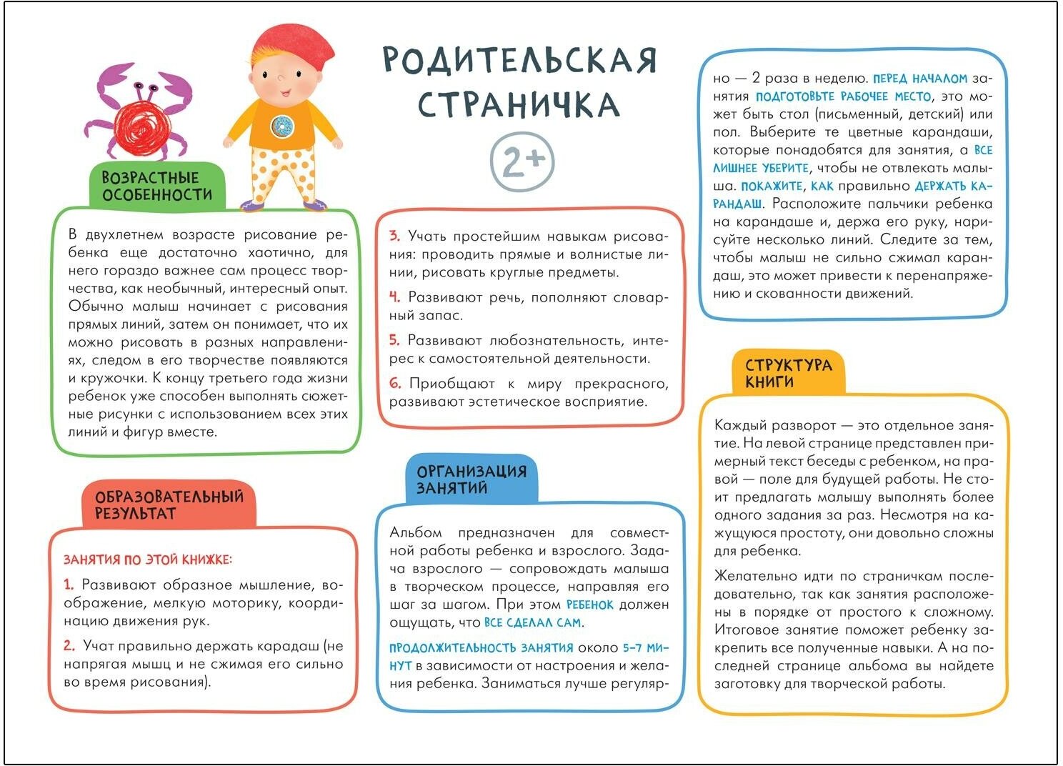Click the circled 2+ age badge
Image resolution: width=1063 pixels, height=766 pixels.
522,162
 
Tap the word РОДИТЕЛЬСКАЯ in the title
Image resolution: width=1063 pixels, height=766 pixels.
519,60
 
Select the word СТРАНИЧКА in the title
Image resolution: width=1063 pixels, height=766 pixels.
519,104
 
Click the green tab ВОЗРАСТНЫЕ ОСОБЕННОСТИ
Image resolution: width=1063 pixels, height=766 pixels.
157,186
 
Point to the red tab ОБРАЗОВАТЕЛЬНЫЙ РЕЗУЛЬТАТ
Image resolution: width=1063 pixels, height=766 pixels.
169,504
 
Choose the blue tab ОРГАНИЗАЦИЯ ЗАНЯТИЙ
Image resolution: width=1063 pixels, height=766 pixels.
471,479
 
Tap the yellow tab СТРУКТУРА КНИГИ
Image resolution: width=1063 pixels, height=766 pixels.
788,373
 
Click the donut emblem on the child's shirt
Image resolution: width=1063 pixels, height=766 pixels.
281,126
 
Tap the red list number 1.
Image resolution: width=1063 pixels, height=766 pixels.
69,585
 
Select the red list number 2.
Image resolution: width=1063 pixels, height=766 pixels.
69,645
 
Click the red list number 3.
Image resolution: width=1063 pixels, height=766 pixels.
394,236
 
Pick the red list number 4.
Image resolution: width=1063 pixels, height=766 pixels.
394,297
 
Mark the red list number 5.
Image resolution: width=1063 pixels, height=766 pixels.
394,340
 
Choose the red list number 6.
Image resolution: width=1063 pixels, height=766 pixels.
395,384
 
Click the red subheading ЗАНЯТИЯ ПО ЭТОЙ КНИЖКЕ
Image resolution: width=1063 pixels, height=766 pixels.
148,559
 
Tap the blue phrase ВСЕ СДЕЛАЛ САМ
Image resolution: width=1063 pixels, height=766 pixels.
532,622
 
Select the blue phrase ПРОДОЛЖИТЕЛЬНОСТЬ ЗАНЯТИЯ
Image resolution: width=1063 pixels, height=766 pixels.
481,648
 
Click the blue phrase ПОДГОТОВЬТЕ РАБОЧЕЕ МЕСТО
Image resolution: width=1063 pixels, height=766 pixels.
843,96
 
